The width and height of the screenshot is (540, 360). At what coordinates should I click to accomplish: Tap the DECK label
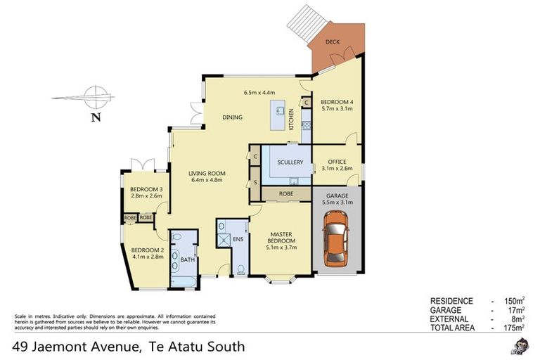333,42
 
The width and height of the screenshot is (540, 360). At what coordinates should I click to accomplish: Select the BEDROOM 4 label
337,101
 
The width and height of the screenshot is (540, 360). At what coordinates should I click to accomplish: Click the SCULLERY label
290,162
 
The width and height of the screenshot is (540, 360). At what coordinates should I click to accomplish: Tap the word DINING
233,117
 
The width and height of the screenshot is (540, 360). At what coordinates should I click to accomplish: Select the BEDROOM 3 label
146,190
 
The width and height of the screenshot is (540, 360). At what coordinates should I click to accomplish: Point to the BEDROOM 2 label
146,250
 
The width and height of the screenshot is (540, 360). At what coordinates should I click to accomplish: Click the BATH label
186,260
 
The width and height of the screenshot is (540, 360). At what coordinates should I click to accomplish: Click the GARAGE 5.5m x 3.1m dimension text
337,202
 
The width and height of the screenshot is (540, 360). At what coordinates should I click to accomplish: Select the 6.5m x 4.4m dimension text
259,93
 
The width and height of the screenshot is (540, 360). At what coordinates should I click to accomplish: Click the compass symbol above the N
94,96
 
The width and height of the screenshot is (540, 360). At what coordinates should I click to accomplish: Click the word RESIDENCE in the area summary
451,300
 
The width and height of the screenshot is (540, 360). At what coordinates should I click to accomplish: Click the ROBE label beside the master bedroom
286,193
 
